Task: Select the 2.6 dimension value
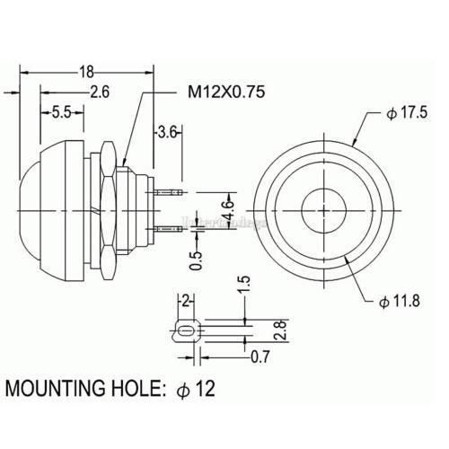coord(100,92)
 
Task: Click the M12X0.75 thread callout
coord(224,92)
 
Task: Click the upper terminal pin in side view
coord(166,192)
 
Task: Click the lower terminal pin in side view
coord(166,230)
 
